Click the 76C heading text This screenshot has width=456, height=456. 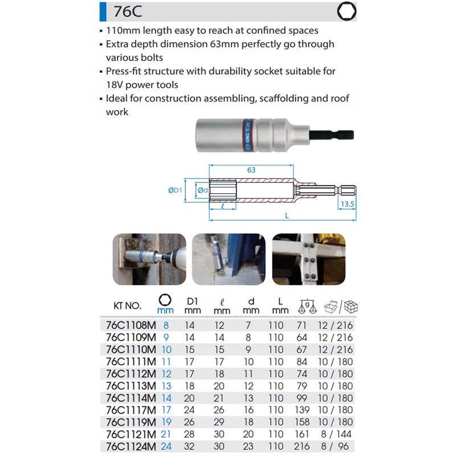128,11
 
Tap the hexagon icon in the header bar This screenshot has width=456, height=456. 347,11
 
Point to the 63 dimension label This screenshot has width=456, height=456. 251,170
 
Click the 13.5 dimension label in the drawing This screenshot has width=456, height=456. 348,204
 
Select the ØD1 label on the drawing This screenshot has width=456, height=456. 175,190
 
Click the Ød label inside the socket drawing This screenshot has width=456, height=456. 203,190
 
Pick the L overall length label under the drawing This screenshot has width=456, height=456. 287,215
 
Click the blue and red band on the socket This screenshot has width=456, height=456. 247,135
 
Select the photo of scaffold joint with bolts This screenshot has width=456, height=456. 309,259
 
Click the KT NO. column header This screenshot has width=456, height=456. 127,306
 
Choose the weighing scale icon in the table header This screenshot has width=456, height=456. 307,306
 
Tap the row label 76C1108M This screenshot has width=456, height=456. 131,325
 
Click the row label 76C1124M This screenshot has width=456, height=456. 131,446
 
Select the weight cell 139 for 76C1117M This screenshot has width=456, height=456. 302,410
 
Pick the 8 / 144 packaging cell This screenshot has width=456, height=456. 336,434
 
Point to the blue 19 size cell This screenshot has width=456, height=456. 166,422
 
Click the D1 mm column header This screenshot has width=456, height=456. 193,306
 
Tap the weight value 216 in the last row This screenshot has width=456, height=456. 302,446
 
